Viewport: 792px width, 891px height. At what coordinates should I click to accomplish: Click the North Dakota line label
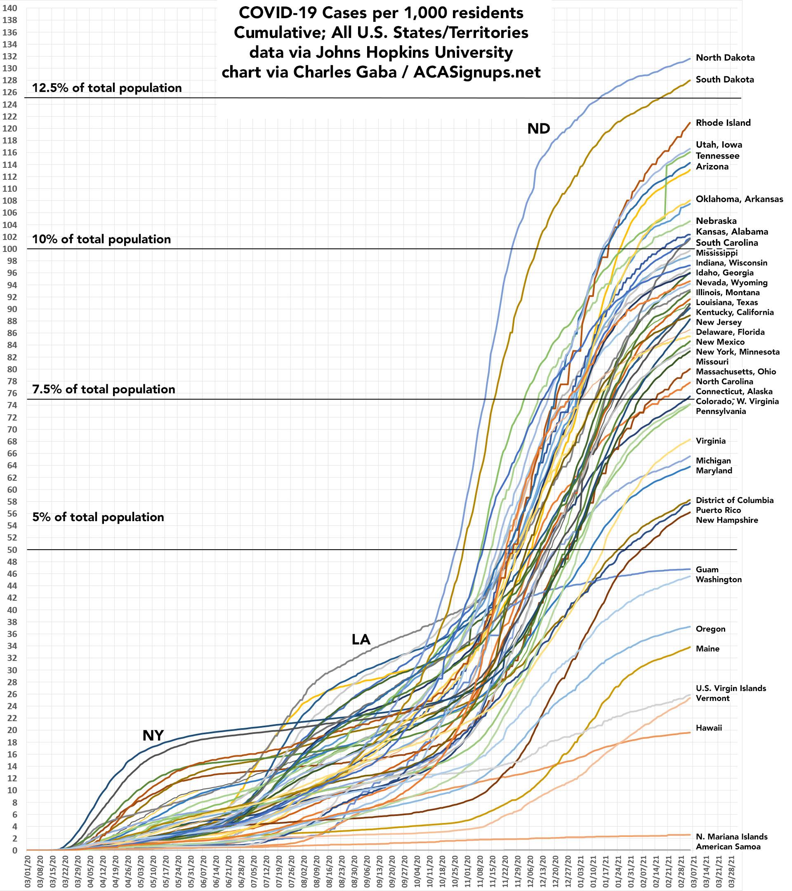point(725,58)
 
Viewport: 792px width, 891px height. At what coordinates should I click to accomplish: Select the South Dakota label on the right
point(724,80)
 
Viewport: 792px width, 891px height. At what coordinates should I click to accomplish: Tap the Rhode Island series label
point(723,123)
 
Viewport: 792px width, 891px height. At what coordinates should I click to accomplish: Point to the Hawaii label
point(709,728)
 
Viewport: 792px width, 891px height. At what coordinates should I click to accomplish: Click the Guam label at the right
point(707,570)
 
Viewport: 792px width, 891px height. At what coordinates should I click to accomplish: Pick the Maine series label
point(707,649)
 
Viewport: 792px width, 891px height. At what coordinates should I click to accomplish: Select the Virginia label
point(710,441)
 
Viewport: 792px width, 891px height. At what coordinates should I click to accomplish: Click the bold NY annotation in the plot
point(153,736)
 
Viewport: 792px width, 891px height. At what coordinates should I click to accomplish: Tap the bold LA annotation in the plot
point(361,639)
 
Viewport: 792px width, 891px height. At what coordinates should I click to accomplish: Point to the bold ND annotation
point(539,129)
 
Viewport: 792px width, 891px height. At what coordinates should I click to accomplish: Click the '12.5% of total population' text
point(107,88)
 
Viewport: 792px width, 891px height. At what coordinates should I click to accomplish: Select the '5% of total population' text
point(98,517)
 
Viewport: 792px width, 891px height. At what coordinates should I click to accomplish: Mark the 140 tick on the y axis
point(9,8)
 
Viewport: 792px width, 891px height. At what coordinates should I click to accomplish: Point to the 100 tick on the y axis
point(9,249)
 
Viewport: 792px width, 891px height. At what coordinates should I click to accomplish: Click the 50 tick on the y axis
point(12,550)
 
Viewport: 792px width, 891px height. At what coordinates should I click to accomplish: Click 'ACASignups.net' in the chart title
point(477,72)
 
